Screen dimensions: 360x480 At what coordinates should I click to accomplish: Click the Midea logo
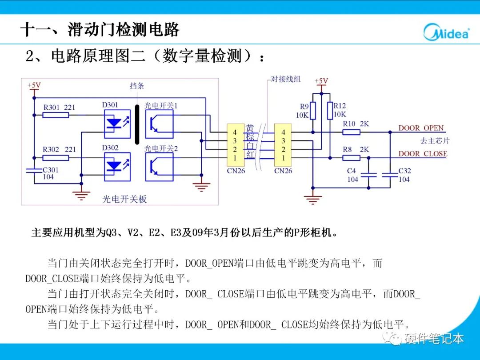point(446,32)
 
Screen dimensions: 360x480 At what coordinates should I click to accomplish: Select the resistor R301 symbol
point(56,115)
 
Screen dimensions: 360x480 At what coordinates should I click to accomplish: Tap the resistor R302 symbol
point(56,158)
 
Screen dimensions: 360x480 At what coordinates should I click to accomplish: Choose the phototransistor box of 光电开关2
point(159,167)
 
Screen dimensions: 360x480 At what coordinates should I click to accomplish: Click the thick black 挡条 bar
point(137,124)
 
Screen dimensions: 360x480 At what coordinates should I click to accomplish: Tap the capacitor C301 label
point(50,170)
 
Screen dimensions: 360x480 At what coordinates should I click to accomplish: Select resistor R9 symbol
point(313,111)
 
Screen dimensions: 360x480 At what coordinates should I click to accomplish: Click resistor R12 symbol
point(330,111)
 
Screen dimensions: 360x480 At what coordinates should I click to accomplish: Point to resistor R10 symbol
point(351,132)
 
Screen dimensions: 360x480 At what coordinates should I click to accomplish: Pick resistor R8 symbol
point(351,157)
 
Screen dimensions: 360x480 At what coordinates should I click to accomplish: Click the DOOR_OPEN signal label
point(421,128)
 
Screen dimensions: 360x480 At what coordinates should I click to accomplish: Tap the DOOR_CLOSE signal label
point(423,154)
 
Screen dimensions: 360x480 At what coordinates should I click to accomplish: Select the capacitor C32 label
point(404,171)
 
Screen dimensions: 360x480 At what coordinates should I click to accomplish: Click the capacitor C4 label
point(352,171)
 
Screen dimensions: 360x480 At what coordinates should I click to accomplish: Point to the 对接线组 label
point(286,79)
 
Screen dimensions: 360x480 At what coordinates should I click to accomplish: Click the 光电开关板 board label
point(124,199)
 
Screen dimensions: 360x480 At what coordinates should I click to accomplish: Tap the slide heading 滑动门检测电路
point(124,30)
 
